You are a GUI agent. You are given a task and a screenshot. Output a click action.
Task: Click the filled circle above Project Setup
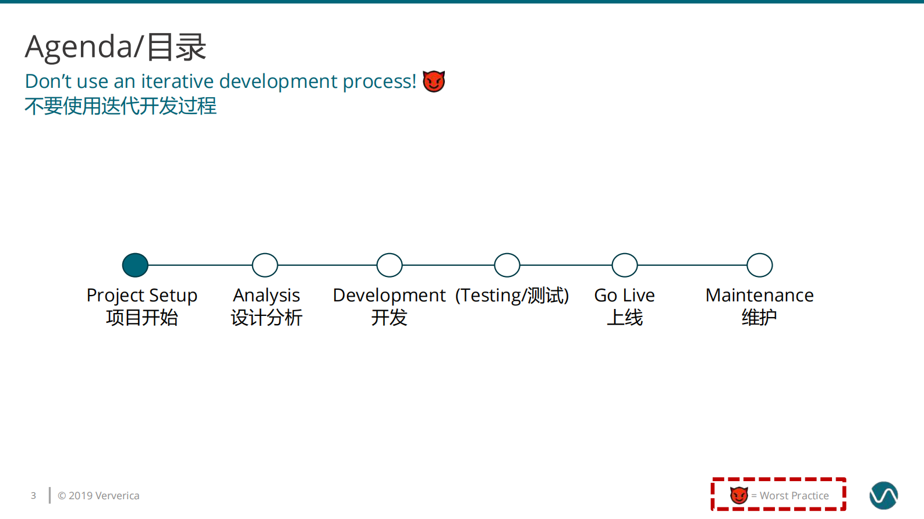click(x=135, y=265)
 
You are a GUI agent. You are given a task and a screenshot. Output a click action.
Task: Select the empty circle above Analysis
click(x=265, y=265)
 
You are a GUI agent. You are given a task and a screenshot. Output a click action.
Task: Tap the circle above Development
click(x=390, y=265)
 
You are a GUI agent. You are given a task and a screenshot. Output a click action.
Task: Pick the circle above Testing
click(x=507, y=265)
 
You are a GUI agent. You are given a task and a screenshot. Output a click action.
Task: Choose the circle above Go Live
click(x=625, y=265)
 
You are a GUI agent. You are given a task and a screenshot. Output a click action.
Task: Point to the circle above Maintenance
click(x=760, y=265)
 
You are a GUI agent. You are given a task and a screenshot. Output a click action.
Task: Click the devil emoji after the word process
click(x=434, y=81)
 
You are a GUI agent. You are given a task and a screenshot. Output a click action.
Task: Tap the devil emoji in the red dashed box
click(x=739, y=495)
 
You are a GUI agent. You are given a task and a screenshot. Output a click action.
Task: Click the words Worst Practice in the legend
click(x=794, y=496)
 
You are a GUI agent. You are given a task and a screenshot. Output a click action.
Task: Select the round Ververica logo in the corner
click(x=883, y=496)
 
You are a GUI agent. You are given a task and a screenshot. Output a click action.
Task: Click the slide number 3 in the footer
click(x=33, y=496)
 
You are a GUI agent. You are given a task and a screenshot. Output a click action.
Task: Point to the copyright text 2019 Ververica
click(x=98, y=496)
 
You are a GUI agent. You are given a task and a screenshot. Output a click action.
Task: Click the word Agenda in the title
click(x=79, y=47)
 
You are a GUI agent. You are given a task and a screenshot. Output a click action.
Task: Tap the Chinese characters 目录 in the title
click(x=176, y=47)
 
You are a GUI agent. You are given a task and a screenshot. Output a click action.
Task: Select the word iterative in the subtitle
click(x=178, y=81)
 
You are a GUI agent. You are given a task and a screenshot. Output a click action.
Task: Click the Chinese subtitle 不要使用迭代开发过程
click(x=121, y=106)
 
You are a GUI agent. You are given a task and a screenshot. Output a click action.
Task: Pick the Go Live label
click(x=624, y=296)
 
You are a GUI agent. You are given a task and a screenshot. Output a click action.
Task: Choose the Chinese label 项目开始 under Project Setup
click(x=141, y=318)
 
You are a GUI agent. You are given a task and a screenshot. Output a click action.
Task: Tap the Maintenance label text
click(x=759, y=296)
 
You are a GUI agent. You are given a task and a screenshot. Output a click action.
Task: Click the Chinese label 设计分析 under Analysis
click(x=266, y=318)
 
